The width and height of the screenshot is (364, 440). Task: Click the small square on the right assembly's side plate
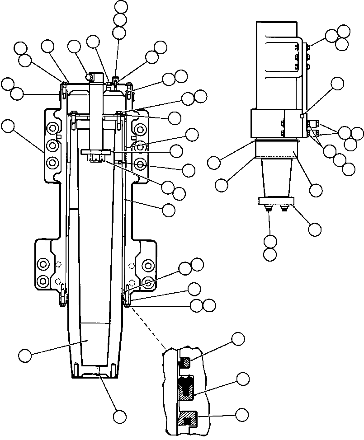302,117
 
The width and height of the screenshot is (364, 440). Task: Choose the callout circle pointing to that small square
337,83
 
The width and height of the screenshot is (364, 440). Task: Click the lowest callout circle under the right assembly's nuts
270,254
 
